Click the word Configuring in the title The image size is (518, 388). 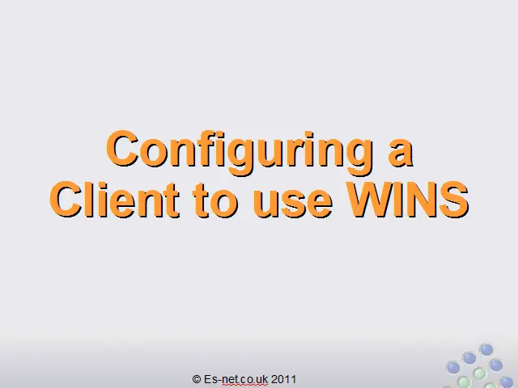point(240,153)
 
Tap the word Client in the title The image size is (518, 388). point(115,200)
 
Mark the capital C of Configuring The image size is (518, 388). point(122,149)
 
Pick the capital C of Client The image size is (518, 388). point(66,200)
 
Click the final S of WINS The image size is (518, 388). point(454,200)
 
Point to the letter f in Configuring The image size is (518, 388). point(211,148)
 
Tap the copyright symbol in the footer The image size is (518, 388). point(197,379)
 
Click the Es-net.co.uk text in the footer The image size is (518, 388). point(236,379)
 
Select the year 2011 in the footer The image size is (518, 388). point(283,379)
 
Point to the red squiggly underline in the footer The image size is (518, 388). point(244,385)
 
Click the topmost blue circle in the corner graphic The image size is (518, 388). point(486,350)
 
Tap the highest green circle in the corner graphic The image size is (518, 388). point(479,373)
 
